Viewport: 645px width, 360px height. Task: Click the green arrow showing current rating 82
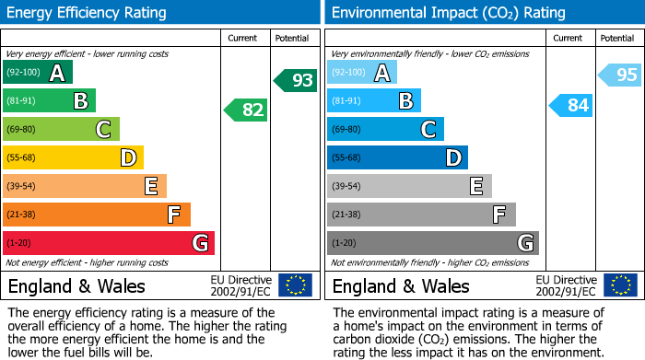click(x=246, y=110)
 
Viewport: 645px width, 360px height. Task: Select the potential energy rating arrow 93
click(x=296, y=81)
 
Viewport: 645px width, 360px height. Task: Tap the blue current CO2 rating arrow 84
click(x=571, y=106)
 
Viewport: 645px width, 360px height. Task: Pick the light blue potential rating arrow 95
click(x=620, y=75)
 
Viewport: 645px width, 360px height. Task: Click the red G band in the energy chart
click(x=108, y=243)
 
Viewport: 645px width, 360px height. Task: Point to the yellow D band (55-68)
click(x=73, y=158)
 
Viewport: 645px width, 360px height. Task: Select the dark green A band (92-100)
click(x=37, y=73)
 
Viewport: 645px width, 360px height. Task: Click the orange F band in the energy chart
click(x=96, y=215)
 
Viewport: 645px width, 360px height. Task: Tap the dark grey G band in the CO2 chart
click(x=432, y=243)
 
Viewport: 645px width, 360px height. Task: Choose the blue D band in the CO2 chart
click(x=397, y=158)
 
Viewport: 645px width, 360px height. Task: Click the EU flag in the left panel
click(x=295, y=285)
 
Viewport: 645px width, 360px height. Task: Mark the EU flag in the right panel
click(x=620, y=285)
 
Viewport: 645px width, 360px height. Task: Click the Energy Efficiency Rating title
click(x=88, y=13)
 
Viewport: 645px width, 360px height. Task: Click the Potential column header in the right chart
click(x=617, y=38)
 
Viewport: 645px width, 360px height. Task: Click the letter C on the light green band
click(x=104, y=130)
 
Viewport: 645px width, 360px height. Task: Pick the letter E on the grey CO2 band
click(x=476, y=187)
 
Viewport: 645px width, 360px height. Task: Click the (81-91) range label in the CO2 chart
click(x=346, y=101)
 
